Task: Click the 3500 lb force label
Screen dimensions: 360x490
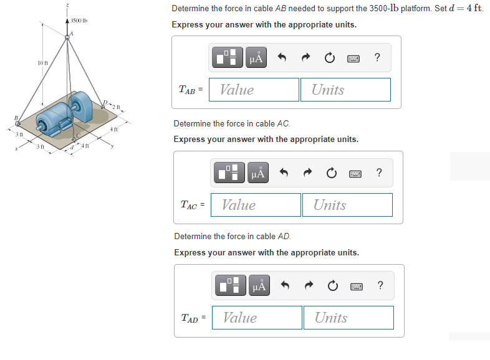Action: [x=79, y=21]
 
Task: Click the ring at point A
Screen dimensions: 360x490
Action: [x=67, y=37]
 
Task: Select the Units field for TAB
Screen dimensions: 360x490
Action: [x=345, y=90]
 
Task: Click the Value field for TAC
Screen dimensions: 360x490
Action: [x=256, y=205]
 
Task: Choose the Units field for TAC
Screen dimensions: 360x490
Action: [x=347, y=205]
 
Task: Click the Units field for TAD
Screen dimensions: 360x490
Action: [x=348, y=318]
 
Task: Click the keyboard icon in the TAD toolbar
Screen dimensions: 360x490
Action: [x=357, y=287]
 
